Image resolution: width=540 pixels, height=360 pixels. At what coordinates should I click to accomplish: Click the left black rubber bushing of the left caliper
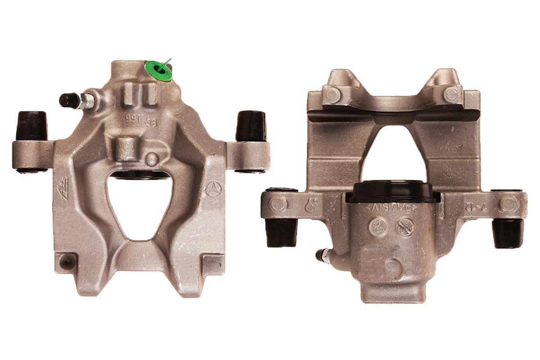click(32, 126)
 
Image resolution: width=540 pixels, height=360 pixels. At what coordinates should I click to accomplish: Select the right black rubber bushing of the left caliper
click(251, 126)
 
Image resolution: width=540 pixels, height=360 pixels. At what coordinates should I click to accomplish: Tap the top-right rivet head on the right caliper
click(450, 94)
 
